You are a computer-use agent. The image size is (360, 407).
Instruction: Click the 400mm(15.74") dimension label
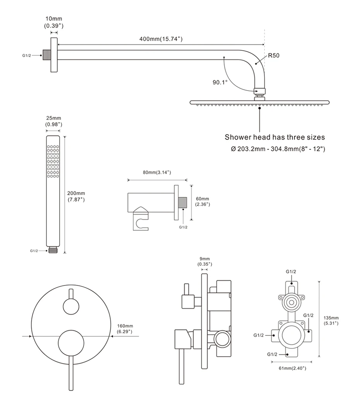pyautogui.click(x=161, y=39)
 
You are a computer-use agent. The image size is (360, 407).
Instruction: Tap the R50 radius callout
pyautogui.click(x=273, y=56)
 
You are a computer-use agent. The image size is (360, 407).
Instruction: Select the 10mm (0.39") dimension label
pyautogui.click(x=53, y=22)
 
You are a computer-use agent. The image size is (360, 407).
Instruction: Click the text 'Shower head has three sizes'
pyautogui.click(x=275, y=137)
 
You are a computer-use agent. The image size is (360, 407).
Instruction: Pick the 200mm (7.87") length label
pyautogui.click(x=76, y=196)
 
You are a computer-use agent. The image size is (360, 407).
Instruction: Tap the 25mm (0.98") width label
pyautogui.click(x=53, y=121)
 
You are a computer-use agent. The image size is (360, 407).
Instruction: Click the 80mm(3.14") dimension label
pyautogui.click(x=156, y=172)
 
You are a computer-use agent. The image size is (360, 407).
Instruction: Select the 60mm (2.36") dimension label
pyautogui.click(x=202, y=201)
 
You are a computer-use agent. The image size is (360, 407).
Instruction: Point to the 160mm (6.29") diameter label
pyautogui.click(x=125, y=328)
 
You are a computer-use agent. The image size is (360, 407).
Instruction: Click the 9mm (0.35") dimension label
pyautogui.click(x=205, y=261)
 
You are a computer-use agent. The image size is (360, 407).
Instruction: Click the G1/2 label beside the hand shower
pyautogui.click(x=34, y=251)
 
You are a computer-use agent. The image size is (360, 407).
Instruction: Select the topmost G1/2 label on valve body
pyautogui.click(x=291, y=271)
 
